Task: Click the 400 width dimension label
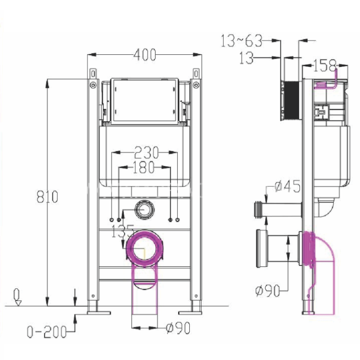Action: pyautogui.click(x=144, y=55)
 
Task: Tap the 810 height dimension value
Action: pyautogui.click(x=47, y=196)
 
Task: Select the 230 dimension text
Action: pyautogui.click(x=146, y=152)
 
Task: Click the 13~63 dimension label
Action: pyautogui.click(x=241, y=41)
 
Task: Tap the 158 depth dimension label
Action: pyautogui.click(x=325, y=64)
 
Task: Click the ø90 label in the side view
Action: pyautogui.click(x=268, y=291)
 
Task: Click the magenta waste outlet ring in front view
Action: pyautogui.click(x=145, y=247)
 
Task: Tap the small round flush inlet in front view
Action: pyautogui.click(x=144, y=209)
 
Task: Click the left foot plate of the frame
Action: pyautogui.click(x=98, y=311)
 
